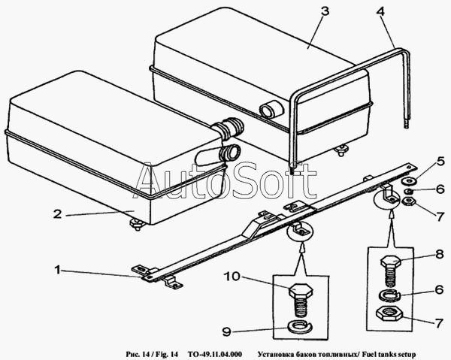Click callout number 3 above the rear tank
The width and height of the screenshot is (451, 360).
(x=325, y=11)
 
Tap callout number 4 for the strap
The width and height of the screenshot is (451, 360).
(x=380, y=12)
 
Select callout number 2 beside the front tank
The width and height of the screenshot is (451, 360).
(x=57, y=214)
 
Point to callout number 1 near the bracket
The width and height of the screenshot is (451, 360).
(x=58, y=270)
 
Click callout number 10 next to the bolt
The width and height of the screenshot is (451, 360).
(x=232, y=277)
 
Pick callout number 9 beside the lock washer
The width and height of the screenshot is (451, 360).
(x=227, y=332)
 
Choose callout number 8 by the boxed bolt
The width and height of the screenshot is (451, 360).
(x=440, y=255)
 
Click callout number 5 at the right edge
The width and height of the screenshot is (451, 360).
(x=440, y=162)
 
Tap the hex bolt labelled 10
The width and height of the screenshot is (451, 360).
(x=300, y=300)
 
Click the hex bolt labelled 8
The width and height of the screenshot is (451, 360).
(x=391, y=271)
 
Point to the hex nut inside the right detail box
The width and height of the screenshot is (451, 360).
(x=389, y=313)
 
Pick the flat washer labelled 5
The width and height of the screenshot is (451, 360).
(x=407, y=181)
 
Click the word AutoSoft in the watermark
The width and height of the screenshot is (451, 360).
(x=225, y=180)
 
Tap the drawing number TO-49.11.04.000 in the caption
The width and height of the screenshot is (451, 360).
(x=214, y=354)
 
